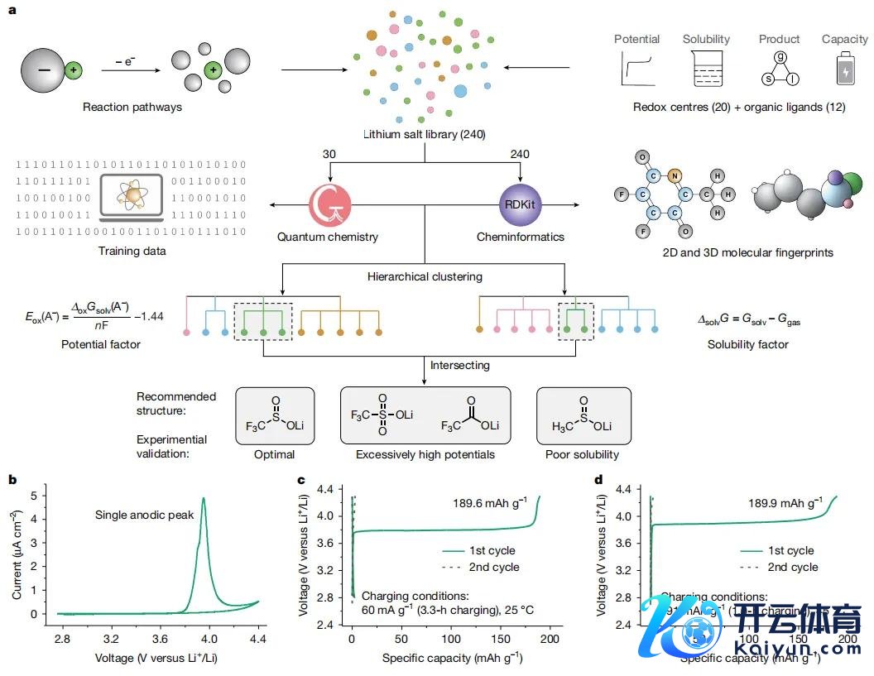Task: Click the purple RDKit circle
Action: click(520, 203)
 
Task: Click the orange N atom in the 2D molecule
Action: click(675, 175)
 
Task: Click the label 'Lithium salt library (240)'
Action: click(424, 134)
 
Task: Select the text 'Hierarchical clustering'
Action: click(424, 276)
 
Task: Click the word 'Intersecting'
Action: click(460, 365)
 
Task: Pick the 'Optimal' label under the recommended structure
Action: click(275, 454)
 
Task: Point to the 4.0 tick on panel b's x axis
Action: click(209, 639)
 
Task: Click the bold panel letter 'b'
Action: click(12, 479)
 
